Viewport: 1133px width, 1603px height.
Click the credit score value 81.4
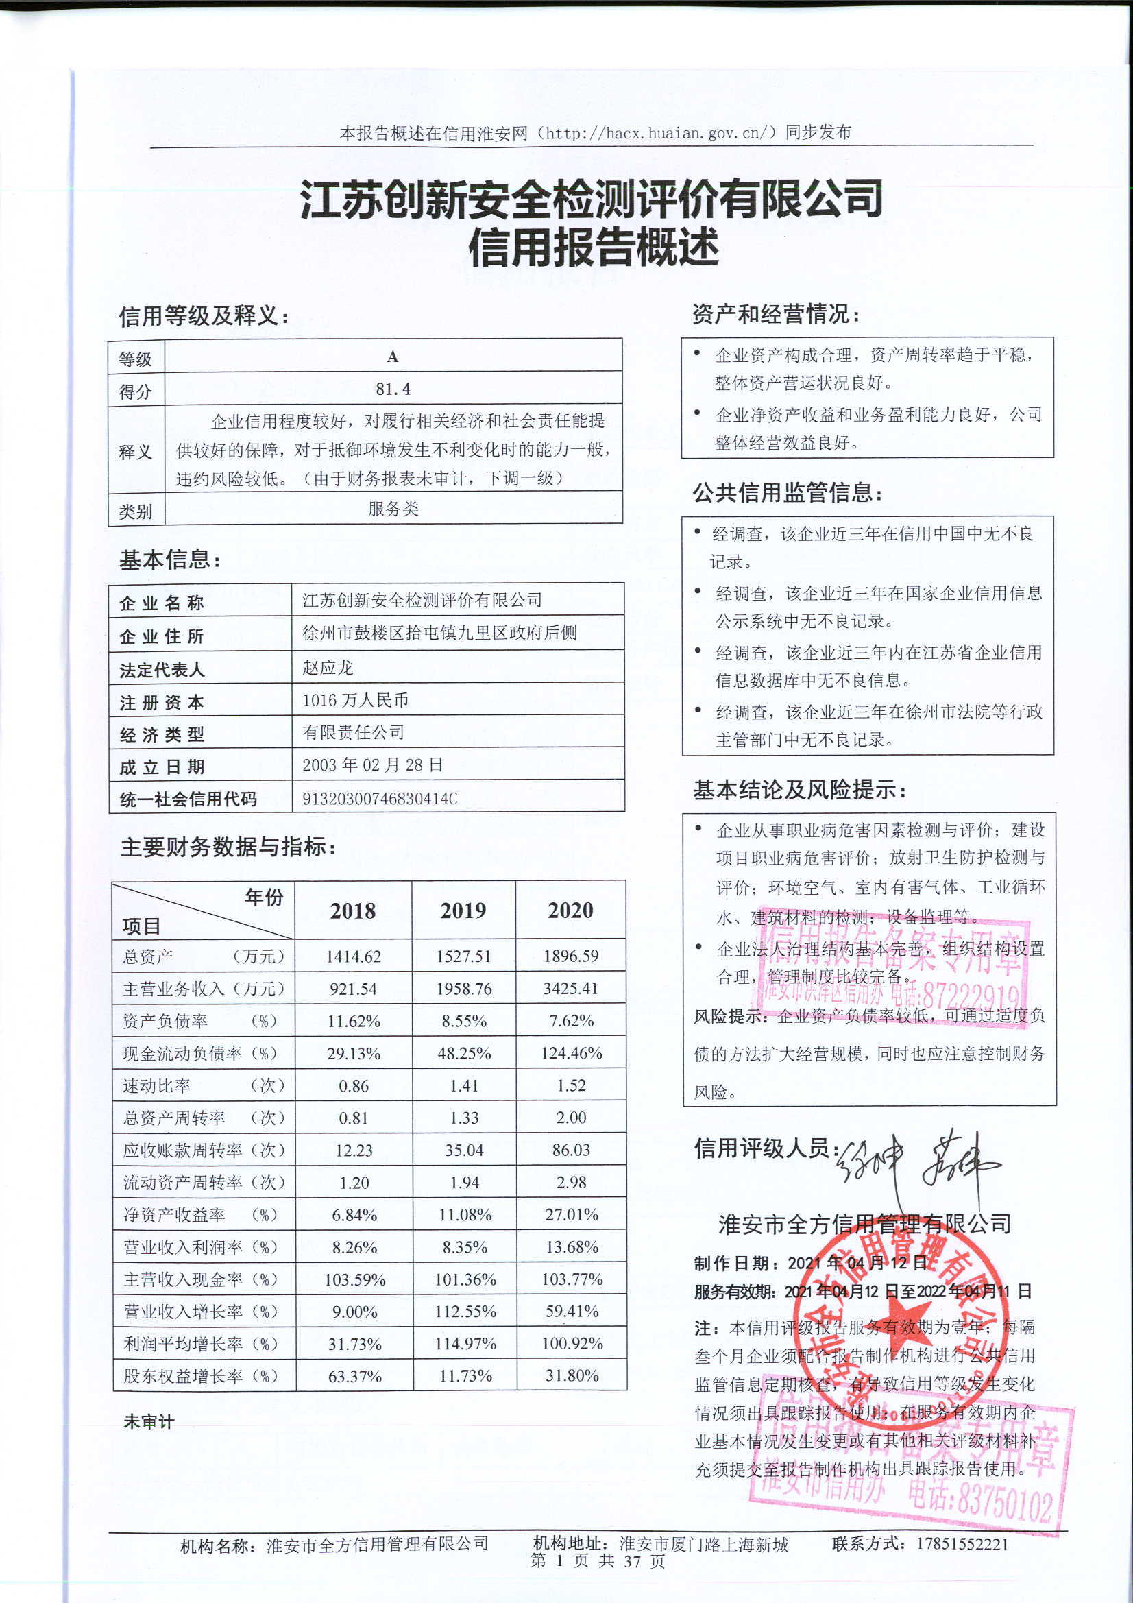393,389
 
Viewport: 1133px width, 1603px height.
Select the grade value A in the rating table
393,357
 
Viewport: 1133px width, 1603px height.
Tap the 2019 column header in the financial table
463,911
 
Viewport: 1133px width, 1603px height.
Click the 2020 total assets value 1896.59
571,956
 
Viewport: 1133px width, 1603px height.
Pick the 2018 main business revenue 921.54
353,989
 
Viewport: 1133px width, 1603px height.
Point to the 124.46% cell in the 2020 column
571,1053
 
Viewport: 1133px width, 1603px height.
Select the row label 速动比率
157,1085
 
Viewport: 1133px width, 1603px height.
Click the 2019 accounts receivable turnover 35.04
464,1150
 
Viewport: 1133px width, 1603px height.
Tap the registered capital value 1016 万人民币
355,700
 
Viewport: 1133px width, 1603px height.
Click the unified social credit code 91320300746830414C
380,799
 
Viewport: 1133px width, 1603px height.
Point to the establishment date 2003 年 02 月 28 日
373,765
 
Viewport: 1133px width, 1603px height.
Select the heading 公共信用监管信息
788,494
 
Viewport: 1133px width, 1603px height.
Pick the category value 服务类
393,509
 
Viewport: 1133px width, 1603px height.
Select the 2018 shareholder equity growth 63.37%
354,1376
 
